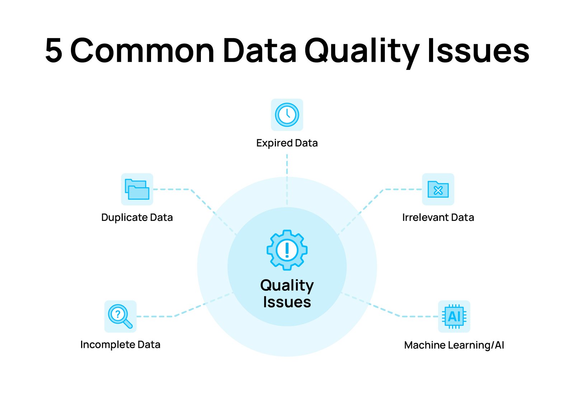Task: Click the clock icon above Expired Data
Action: (x=287, y=115)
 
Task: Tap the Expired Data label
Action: (x=287, y=143)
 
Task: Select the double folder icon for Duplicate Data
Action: (x=137, y=189)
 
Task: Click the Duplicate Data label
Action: (x=137, y=217)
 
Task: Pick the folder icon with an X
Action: (x=438, y=190)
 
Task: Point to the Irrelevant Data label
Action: (x=438, y=217)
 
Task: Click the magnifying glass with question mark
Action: (x=120, y=316)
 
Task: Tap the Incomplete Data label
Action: (x=121, y=345)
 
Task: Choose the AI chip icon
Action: (x=454, y=317)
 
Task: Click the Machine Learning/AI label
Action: (x=454, y=345)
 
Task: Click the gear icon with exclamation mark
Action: (x=287, y=250)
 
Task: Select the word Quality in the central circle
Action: (x=287, y=285)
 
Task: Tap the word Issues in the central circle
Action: (x=287, y=302)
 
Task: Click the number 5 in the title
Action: (x=53, y=50)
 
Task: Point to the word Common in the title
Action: (x=142, y=50)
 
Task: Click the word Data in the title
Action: (x=260, y=50)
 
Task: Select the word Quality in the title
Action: (x=362, y=52)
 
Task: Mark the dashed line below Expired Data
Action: (x=287, y=179)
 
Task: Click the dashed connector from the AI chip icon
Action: (x=390, y=305)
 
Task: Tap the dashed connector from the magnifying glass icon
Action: (x=184, y=305)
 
